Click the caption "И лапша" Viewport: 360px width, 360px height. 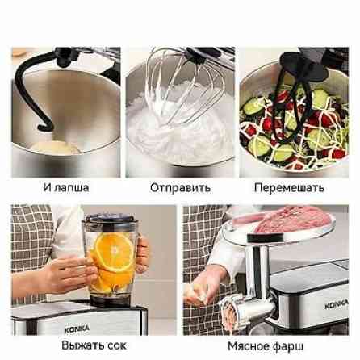(x=66, y=187)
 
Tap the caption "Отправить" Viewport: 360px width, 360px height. (x=180, y=188)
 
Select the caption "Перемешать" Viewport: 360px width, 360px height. (x=289, y=188)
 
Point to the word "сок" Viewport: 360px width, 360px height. (x=115, y=345)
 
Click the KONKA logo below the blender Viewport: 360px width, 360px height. (x=77, y=329)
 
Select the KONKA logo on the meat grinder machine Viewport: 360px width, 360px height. (x=337, y=304)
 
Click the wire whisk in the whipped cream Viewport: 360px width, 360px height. (x=183, y=86)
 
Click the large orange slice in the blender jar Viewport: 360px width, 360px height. (x=115, y=252)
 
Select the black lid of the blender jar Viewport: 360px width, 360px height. (x=111, y=218)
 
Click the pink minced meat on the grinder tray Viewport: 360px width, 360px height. (x=292, y=220)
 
